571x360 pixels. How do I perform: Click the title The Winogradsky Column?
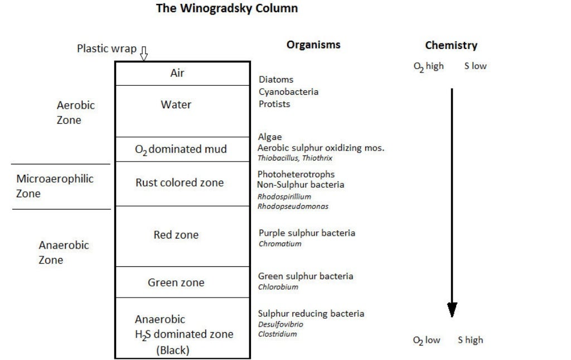click(x=226, y=8)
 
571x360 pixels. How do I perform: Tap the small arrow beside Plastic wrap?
click(x=144, y=53)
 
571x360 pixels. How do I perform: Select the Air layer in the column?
click(x=177, y=73)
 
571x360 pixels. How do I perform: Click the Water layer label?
click(x=176, y=105)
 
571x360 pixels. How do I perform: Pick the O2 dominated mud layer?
click(x=181, y=149)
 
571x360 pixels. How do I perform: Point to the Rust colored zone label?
click(x=180, y=183)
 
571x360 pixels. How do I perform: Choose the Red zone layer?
click(x=176, y=235)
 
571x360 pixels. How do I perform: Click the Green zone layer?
click(x=176, y=283)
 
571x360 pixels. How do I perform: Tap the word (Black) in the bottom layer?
click(x=173, y=351)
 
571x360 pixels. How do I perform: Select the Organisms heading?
click(x=313, y=45)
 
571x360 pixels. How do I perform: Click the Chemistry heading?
click(x=451, y=46)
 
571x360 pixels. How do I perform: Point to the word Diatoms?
click(x=276, y=80)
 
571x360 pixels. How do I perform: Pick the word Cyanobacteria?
click(x=288, y=91)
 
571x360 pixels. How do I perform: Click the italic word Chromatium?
click(x=280, y=244)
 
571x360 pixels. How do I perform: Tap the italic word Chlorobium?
click(x=278, y=287)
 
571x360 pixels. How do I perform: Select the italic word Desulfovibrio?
click(x=280, y=324)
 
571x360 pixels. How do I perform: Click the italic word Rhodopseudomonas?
click(x=293, y=206)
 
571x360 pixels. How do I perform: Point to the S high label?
click(x=471, y=340)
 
